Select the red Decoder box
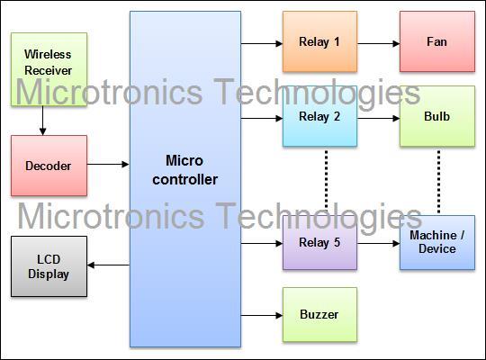coord(49,166)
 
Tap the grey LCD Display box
coord(49,267)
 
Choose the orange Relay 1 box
coord(319,42)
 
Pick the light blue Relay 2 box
coord(319,117)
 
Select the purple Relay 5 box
coord(319,242)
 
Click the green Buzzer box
coord(319,315)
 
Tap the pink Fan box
coord(437,42)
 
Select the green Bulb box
coord(437,117)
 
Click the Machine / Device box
coord(437,242)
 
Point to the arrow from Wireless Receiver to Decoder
coord(41,121)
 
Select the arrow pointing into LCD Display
coord(108,265)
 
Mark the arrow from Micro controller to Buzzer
coord(261,315)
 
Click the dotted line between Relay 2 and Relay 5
coord(325,180)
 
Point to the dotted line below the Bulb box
coord(438,180)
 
